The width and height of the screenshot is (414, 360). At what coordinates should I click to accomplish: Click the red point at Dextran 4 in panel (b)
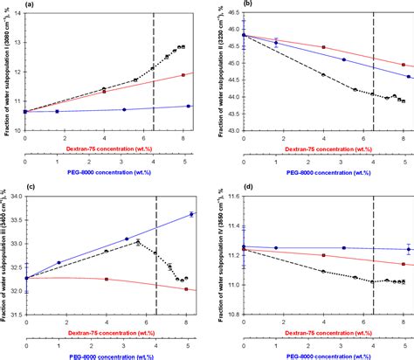pyautogui.click(x=323, y=47)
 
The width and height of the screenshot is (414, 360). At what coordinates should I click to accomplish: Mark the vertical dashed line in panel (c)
pyautogui.click(x=154, y=253)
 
